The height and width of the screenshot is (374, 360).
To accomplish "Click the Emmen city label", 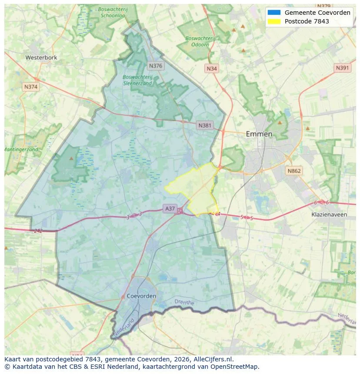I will (259, 134).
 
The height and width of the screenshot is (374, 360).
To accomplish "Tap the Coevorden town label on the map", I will (142, 296).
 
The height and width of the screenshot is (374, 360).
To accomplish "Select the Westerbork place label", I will (41, 57).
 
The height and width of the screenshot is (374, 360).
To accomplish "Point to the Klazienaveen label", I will (329, 215).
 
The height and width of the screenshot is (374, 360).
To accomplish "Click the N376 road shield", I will (155, 66).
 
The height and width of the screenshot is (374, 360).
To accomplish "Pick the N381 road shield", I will (205, 126).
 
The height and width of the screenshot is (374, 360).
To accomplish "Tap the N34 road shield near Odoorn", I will (212, 69).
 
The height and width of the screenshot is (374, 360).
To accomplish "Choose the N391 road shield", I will (342, 68).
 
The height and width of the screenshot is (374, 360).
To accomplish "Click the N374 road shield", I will (31, 87).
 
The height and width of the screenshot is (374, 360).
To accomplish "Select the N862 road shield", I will (294, 171).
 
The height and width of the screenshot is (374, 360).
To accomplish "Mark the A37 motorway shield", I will (170, 209).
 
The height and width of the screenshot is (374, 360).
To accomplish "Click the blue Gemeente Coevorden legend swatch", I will (274, 13).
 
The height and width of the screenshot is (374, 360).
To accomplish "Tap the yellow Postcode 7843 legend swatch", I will (274, 21).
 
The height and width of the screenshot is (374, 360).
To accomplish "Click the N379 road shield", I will (324, 6).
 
